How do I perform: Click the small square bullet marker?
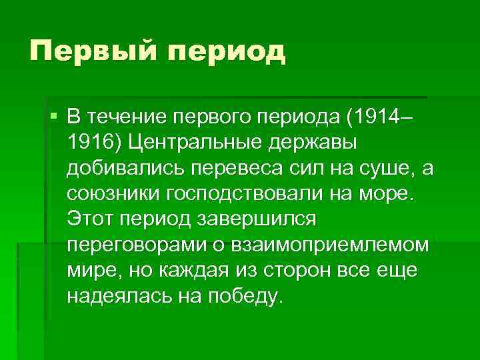point(53,117)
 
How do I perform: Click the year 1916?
point(91,143)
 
